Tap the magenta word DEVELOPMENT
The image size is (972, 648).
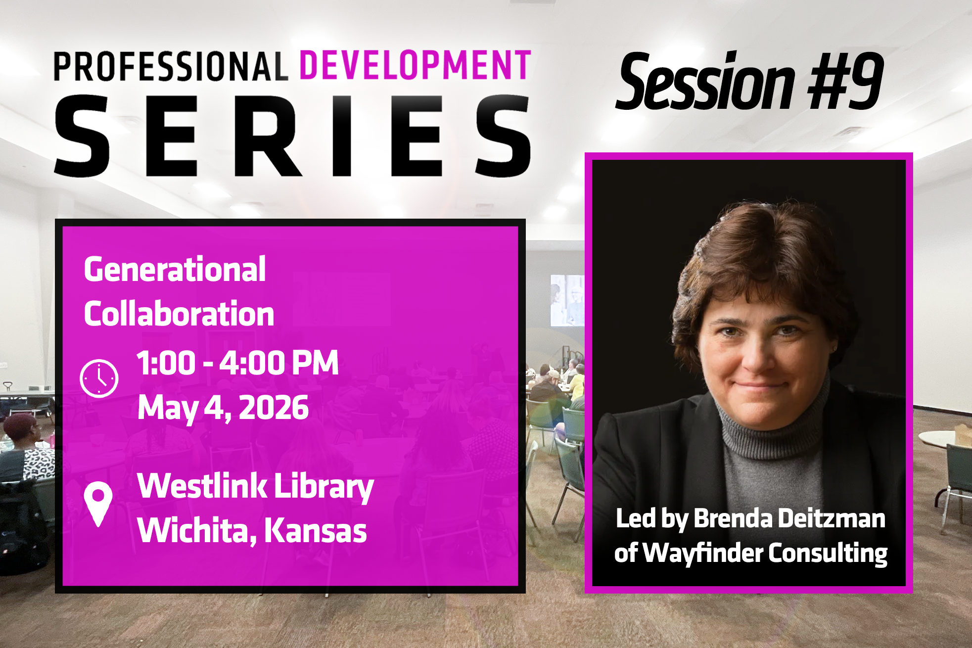[416, 65]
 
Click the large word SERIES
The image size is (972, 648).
[292, 136]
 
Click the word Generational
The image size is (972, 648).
[175, 270]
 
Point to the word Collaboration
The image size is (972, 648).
[179, 314]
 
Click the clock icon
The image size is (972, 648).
[99, 378]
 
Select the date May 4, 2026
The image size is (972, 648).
[223, 409]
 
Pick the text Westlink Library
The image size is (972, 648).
[255, 487]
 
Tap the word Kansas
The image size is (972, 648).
[316, 530]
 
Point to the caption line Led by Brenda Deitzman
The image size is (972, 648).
[750, 519]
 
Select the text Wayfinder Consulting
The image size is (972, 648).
[765, 553]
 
